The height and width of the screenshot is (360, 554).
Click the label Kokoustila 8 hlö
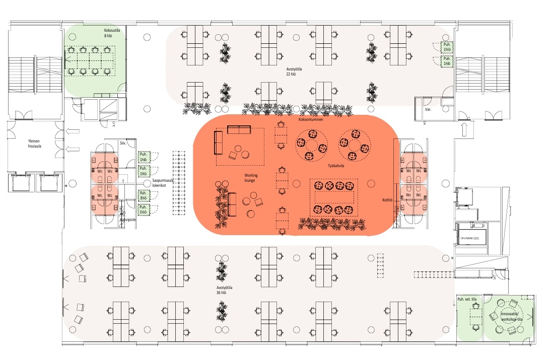(111, 33)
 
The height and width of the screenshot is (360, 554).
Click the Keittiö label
(388, 200)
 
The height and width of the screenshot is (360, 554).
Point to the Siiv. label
(122, 143)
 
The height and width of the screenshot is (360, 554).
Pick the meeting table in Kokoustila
(89, 61)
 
